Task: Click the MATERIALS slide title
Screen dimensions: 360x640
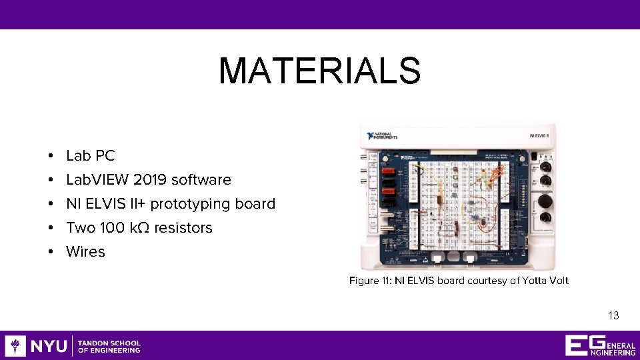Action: tap(319, 71)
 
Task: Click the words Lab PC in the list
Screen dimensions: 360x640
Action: tap(91, 156)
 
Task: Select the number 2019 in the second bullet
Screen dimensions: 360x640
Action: tap(150, 180)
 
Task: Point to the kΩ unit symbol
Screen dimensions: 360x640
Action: tap(139, 228)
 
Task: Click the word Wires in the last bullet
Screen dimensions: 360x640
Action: tap(85, 252)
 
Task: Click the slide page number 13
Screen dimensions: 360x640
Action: tap(613, 315)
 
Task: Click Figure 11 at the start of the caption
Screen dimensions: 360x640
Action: tap(369, 281)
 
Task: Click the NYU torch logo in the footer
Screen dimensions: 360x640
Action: tap(15, 346)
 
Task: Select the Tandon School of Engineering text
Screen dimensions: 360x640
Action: tap(109, 346)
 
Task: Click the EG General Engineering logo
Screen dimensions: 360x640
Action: tap(599, 345)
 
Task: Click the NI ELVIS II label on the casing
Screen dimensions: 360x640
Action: tap(539, 135)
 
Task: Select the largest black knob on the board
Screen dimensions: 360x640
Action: tap(545, 201)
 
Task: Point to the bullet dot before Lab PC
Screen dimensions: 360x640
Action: tap(51, 157)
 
